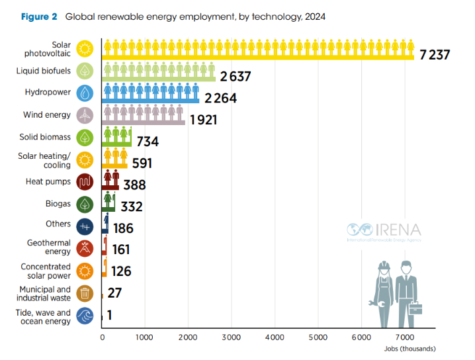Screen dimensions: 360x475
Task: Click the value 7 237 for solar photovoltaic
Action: tap(434, 54)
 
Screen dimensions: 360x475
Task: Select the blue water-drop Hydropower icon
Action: tap(85, 93)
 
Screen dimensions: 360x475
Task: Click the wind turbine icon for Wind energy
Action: tap(85, 115)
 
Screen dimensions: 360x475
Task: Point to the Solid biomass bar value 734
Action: tap(147, 142)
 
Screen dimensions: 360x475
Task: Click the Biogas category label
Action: tap(58, 204)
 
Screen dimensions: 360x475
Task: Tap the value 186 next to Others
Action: tap(122, 229)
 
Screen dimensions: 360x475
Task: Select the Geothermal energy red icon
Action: tap(85, 247)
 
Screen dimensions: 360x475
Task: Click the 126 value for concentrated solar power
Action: tap(120, 271)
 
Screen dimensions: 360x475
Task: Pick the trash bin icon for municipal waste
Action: tap(85, 293)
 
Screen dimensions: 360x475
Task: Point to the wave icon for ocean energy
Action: tap(85, 316)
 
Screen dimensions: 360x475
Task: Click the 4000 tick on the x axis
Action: tap(275, 337)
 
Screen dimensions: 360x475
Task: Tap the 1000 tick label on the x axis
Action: tap(145, 337)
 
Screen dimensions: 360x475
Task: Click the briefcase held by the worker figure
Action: tap(415, 308)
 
